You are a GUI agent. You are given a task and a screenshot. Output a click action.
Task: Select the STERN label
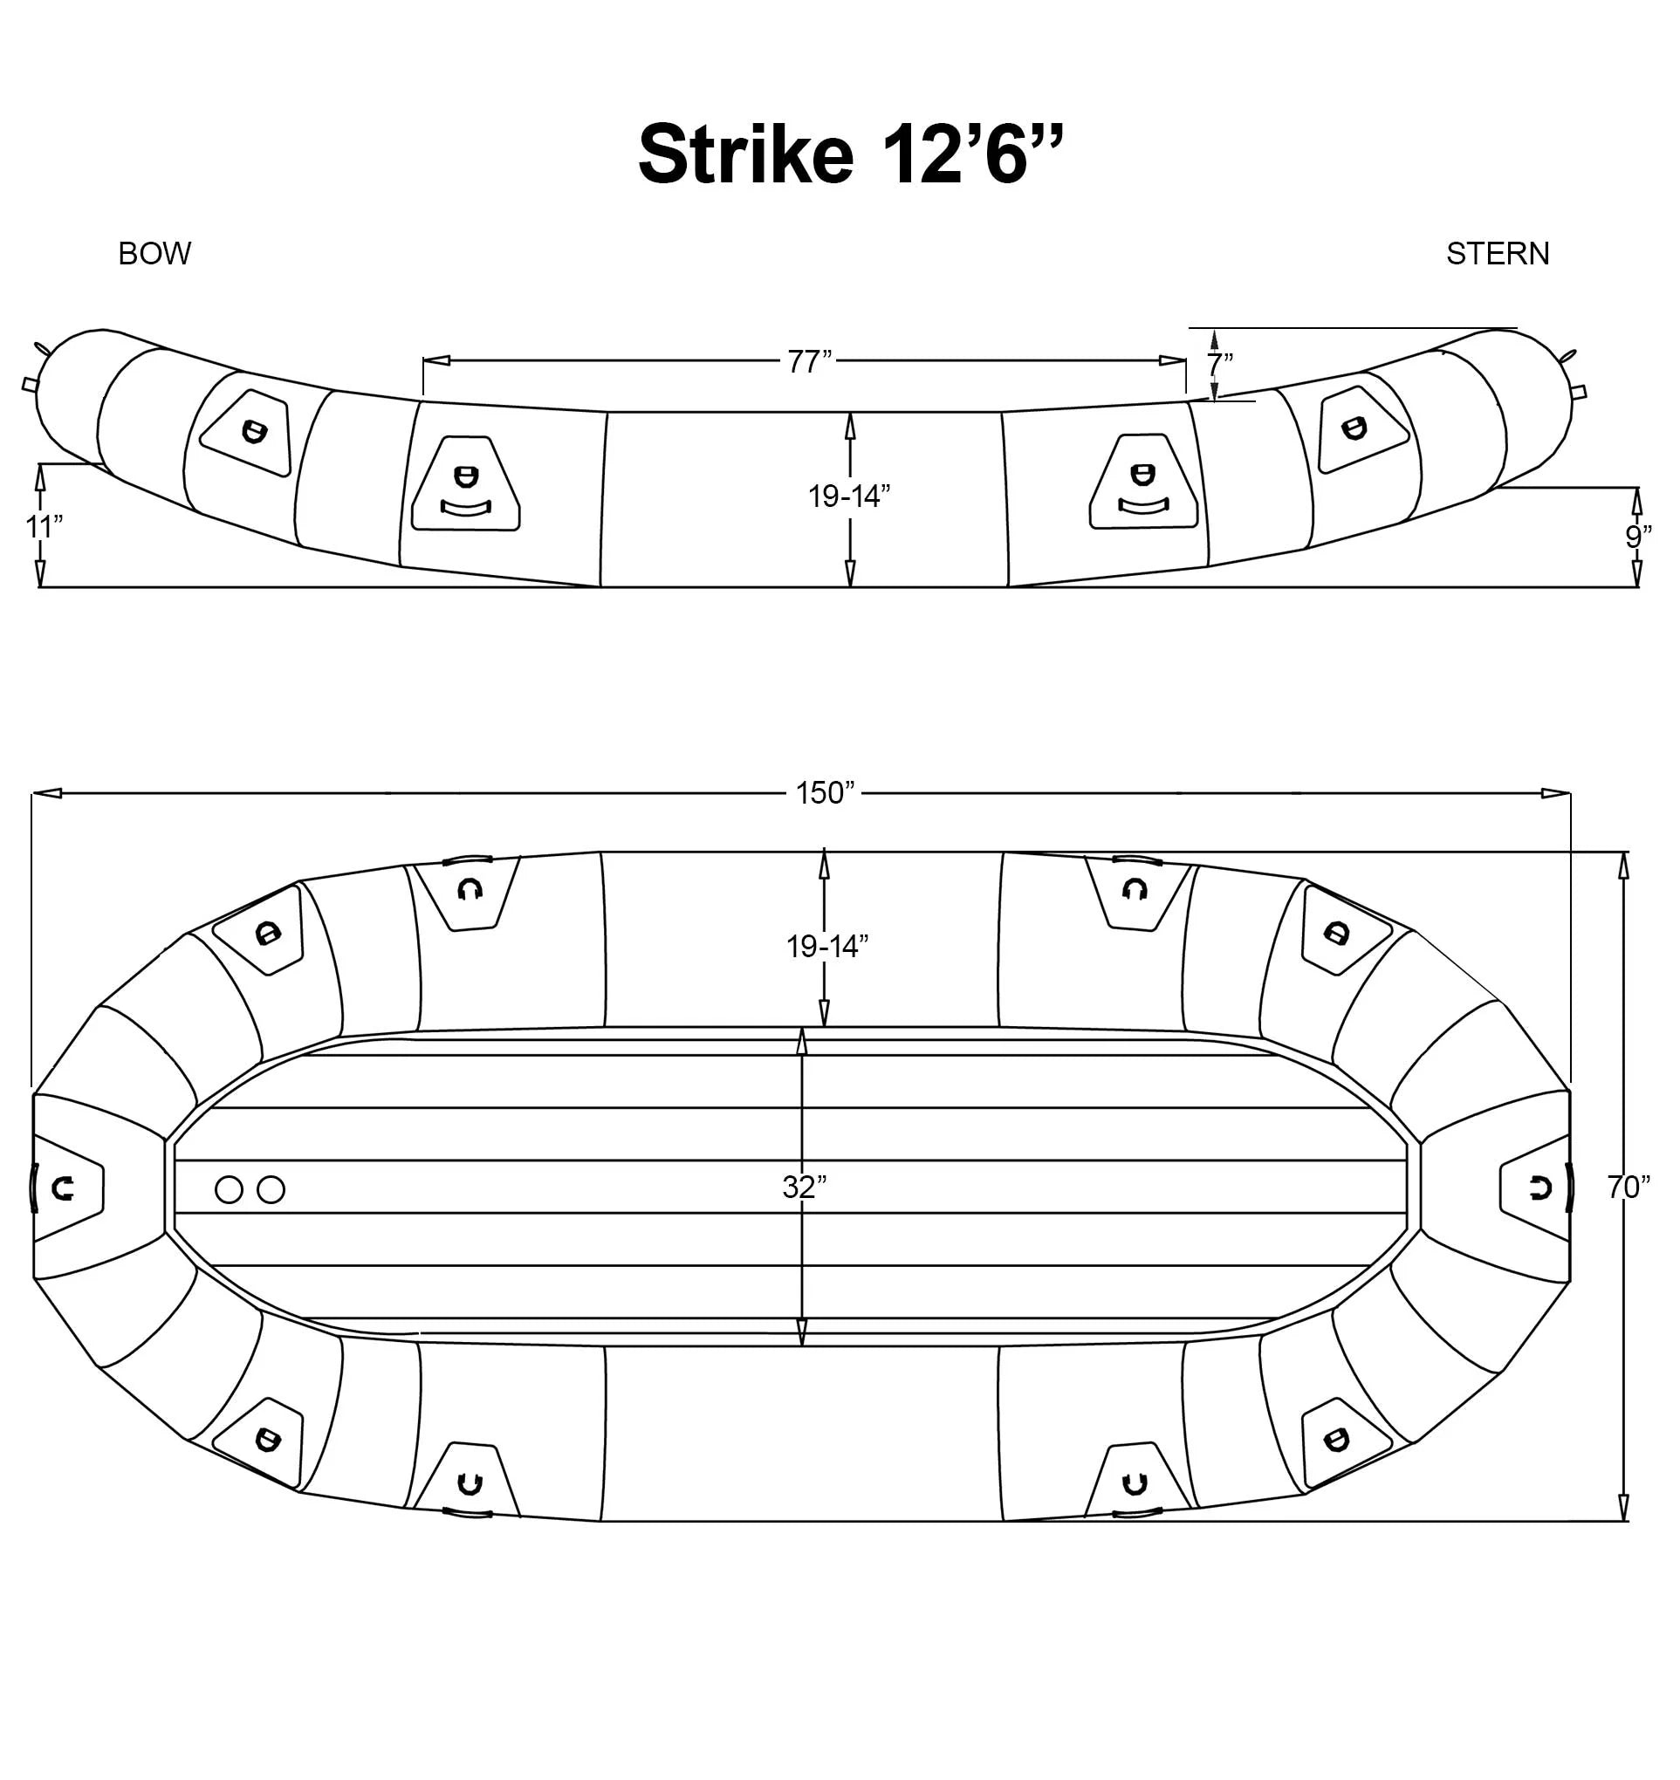[1498, 254]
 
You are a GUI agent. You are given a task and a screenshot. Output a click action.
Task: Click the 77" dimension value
[810, 362]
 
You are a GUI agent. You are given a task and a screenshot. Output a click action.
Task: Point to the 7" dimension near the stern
[1220, 365]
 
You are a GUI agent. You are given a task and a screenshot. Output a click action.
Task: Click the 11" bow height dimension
[43, 526]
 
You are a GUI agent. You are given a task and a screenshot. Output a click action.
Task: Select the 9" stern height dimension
[1638, 537]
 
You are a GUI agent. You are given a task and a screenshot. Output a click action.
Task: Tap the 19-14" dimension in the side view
[848, 495]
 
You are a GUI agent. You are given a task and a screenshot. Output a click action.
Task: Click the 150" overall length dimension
[826, 792]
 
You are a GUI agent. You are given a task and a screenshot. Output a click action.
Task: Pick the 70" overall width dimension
[1628, 1188]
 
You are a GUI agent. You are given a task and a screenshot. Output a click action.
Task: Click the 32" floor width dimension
[803, 1188]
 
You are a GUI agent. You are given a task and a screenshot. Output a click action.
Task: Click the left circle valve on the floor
[230, 1190]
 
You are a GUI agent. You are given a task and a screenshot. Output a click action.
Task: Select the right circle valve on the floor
[271, 1190]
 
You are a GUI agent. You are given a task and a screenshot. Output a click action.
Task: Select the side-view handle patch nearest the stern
[1144, 484]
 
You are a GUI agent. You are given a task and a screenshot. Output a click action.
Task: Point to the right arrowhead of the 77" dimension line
[1173, 361]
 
